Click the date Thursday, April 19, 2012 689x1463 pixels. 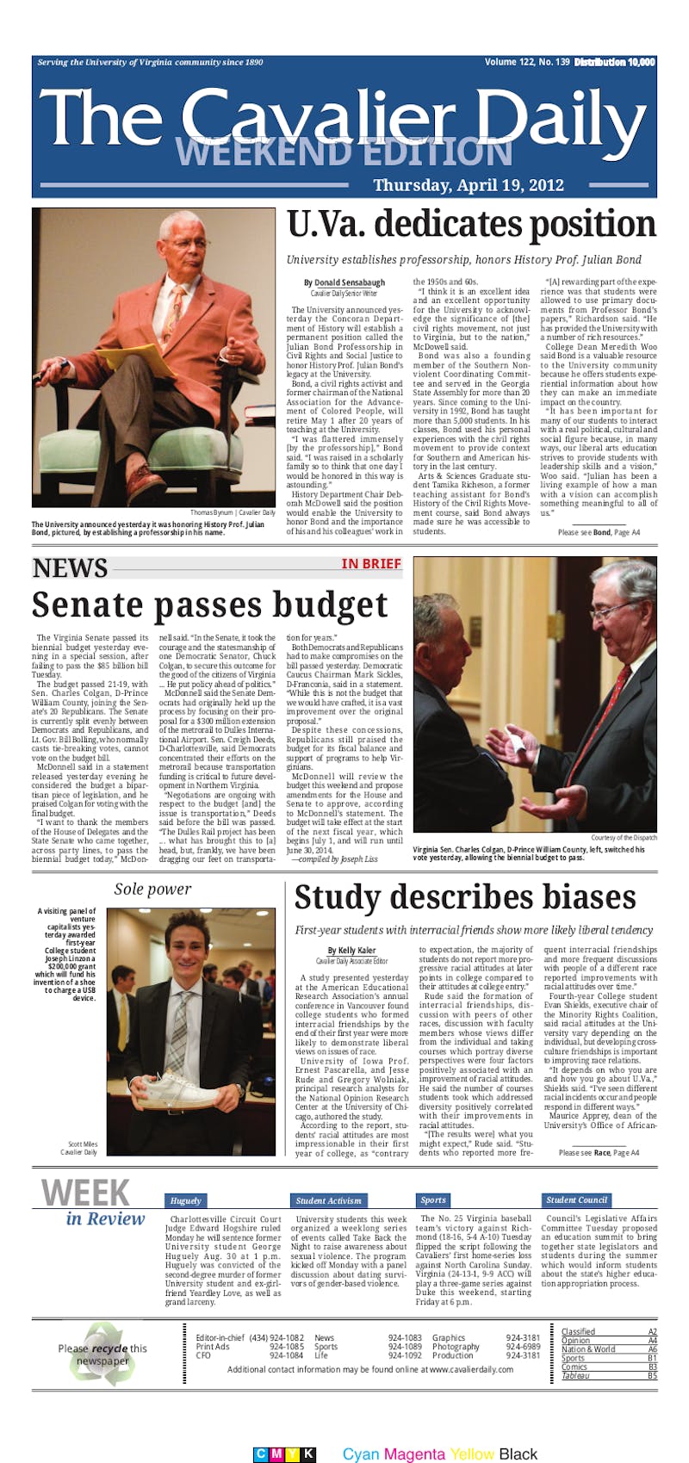469,185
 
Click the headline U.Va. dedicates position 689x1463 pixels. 471,226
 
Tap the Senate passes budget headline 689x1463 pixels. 209,605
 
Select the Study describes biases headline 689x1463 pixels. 465,897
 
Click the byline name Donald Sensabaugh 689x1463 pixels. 349,282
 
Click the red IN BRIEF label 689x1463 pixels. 371,564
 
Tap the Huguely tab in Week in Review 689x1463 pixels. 186,1200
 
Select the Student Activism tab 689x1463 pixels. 328,1200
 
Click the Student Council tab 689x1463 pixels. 576,1200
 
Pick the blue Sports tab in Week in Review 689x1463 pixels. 433,1200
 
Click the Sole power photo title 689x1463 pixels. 152,890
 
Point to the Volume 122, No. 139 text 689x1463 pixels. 526,62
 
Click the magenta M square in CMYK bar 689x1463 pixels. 276,1454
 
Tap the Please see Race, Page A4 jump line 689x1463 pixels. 599,1152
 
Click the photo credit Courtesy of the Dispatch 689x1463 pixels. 623,838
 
